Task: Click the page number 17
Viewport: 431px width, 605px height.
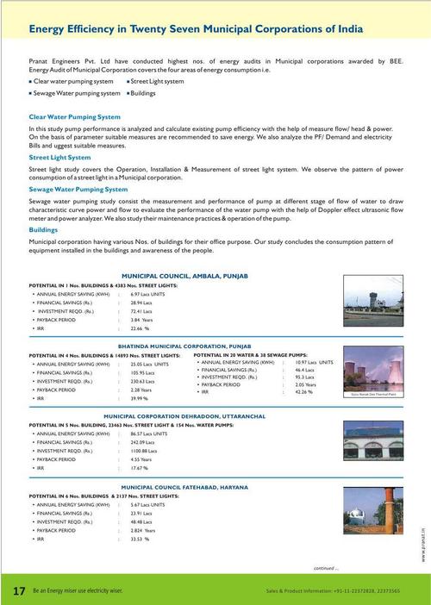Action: (x=18, y=591)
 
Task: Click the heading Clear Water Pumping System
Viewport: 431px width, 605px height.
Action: (x=75, y=115)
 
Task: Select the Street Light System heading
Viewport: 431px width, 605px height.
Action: (x=59, y=158)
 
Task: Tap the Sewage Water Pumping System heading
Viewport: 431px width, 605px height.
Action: (x=78, y=188)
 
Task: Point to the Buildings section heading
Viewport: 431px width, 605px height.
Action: (x=44, y=230)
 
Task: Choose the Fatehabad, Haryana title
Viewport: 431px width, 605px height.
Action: (x=183, y=487)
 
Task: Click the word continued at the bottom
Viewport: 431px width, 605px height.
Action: (x=325, y=568)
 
